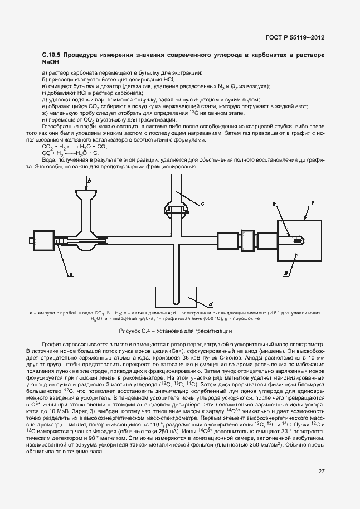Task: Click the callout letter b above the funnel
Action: coord(89,180)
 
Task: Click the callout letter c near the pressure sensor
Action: coord(203,203)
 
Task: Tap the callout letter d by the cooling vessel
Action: coord(211,304)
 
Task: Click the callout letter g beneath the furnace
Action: coord(286,274)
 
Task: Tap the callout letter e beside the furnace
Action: coord(275,205)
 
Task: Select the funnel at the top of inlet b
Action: coord(88,196)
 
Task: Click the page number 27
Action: coord(321,471)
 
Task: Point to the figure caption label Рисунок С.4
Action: coord(134,331)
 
